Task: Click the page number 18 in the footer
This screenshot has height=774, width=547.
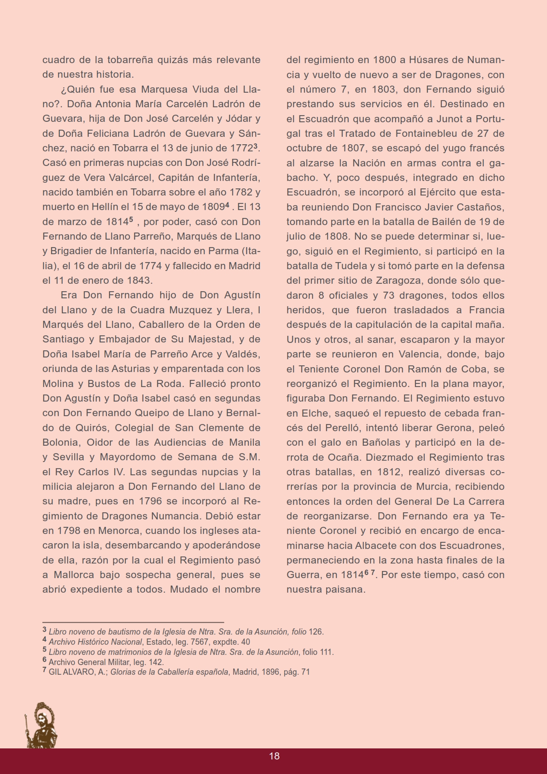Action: (x=274, y=756)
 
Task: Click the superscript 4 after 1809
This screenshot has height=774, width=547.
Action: (x=227, y=204)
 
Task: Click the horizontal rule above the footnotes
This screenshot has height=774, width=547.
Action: (x=133, y=622)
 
